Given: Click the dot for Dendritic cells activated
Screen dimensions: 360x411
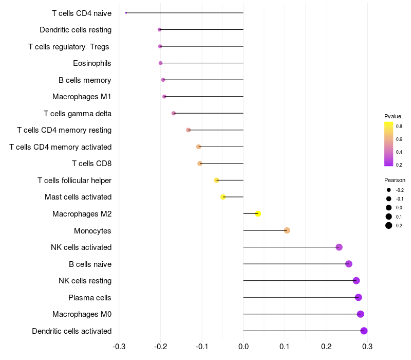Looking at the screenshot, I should [364, 331].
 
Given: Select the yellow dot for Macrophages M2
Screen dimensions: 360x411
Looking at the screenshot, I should [258, 214].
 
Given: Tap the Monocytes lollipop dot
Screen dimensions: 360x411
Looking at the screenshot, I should [287, 230].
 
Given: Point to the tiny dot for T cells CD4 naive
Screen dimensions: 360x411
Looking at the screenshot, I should [126, 13].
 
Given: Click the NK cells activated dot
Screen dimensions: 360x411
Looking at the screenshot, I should [339, 247].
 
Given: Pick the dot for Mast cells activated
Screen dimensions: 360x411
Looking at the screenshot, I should [223, 197].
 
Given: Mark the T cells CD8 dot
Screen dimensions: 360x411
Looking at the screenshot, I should [200, 164].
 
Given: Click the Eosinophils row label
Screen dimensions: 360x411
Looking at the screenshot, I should [92, 63].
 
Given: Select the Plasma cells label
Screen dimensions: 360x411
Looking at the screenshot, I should [89, 297].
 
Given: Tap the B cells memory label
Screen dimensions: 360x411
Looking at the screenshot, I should [85, 80].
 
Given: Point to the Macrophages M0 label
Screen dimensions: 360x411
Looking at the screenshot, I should [82, 314].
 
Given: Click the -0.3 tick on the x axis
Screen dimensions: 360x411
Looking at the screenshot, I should [119, 346].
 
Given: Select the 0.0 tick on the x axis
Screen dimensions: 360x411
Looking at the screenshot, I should [243, 346].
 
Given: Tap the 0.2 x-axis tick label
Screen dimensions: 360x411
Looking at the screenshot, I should [326, 346].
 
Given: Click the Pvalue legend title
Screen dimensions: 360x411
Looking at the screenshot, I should [393, 116].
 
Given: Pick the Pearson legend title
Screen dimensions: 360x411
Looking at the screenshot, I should [395, 180].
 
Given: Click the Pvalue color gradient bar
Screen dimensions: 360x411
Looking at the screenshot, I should [389, 144].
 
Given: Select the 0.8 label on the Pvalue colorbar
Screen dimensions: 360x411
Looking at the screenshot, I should [399, 126].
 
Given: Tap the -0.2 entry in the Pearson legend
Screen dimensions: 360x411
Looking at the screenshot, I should [399, 190].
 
